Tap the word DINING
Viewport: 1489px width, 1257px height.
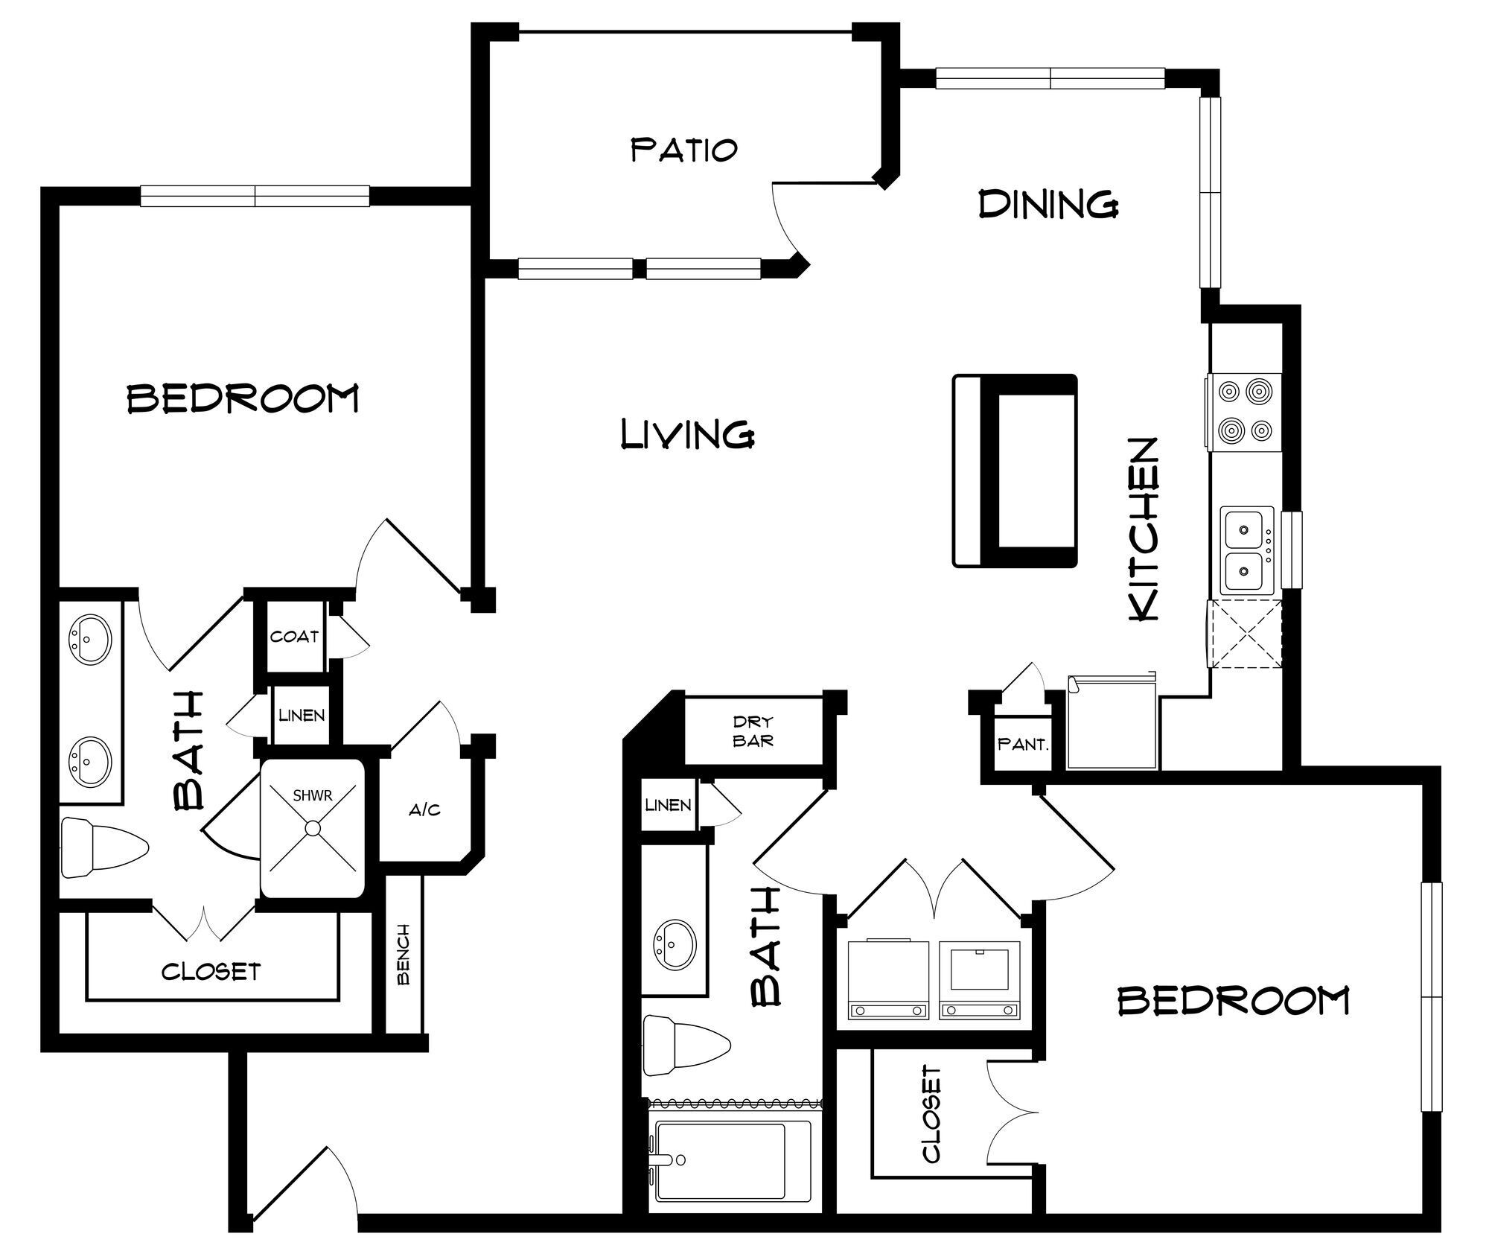[x=1048, y=204]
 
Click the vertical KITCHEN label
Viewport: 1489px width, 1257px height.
[x=1144, y=529]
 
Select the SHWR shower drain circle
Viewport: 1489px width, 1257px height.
[x=313, y=828]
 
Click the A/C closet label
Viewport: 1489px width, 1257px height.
[x=424, y=809]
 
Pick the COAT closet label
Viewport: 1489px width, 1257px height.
[x=294, y=637]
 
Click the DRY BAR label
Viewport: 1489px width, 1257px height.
[x=753, y=731]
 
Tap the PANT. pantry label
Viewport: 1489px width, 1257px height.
[x=1023, y=744]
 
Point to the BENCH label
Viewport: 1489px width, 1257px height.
[x=404, y=954]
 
